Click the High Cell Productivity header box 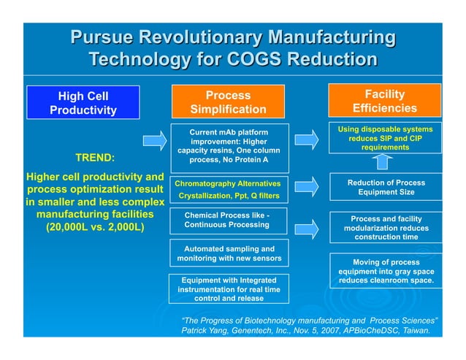pos(83,102)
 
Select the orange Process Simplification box pos(228,102)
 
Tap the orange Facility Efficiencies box pos(384,102)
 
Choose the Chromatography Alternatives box pos(228,189)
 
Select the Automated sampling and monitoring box pos(228,253)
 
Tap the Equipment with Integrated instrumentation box pos(228,288)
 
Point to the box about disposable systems pos(384,138)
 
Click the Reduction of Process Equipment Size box pos(386,187)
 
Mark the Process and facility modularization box pos(386,227)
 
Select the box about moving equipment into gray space pos(386,271)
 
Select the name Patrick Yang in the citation pos(207,331)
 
